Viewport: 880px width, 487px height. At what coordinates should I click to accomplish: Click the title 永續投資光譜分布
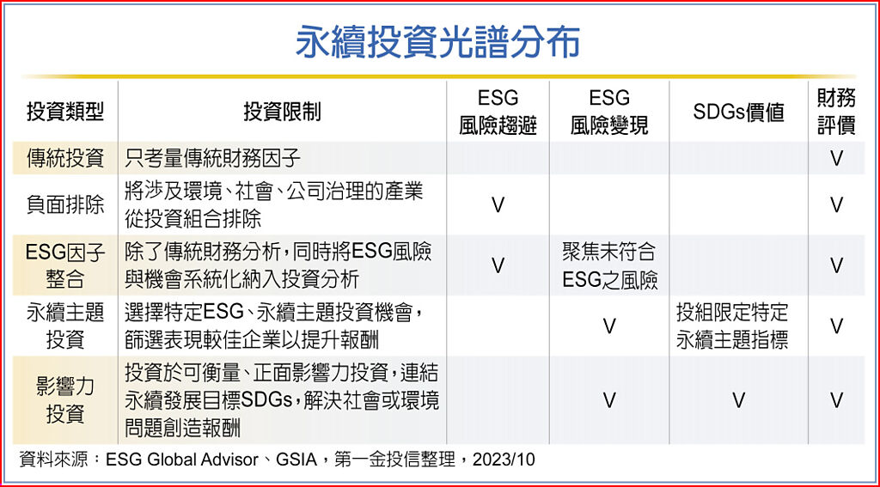tap(437, 41)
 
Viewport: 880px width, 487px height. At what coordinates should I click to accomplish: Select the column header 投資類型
tap(65, 112)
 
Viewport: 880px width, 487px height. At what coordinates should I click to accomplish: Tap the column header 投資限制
tap(282, 112)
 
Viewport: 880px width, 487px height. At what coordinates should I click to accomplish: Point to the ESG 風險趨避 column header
tap(498, 113)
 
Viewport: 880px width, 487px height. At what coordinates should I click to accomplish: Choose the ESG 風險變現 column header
tap(609, 113)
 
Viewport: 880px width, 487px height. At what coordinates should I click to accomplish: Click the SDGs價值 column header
tap(738, 113)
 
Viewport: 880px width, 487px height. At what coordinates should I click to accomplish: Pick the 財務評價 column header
tap(836, 112)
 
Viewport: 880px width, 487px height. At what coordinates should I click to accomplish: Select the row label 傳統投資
tap(65, 159)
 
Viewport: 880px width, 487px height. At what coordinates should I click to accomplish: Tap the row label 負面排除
tap(65, 204)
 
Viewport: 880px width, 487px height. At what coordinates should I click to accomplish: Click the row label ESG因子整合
tap(65, 265)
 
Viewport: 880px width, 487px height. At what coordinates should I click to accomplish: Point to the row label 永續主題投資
tap(65, 326)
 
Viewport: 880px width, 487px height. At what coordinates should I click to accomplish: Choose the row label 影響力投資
tap(65, 400)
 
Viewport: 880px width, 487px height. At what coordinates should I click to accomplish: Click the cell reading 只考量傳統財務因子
tap(213, 159)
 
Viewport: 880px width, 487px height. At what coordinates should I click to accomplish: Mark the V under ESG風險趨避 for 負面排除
tap(498, 205)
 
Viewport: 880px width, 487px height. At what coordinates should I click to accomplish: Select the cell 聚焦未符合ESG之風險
tap(609, 265)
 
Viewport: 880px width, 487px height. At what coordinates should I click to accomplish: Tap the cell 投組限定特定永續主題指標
tap(732, 326)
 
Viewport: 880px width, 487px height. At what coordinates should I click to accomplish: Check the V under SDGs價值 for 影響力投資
tap(738, 400)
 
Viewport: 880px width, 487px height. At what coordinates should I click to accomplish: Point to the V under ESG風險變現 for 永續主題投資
tap(609, 326)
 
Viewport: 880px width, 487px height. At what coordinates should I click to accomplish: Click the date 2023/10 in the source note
tap(504, 460)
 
